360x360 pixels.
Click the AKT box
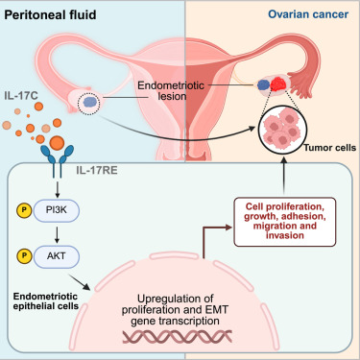(x=65, y=257)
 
